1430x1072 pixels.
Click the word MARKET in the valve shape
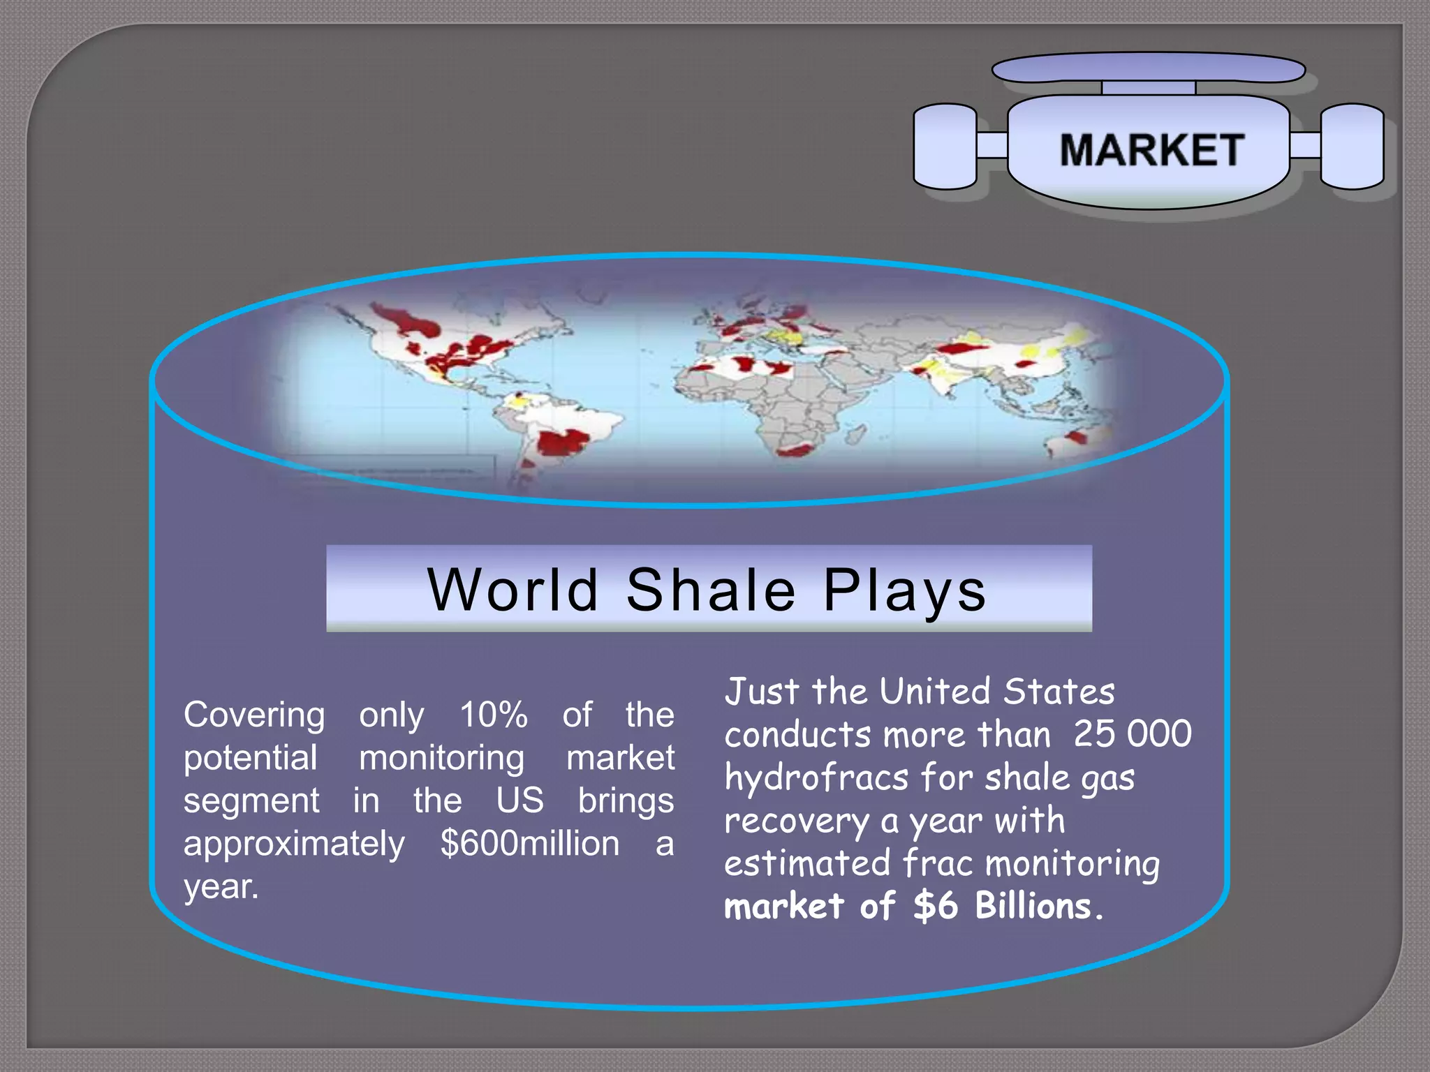point(1151,150)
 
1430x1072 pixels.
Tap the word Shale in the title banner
point(710,590)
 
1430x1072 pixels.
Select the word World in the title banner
point(513,590)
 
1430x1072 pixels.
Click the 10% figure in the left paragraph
point(493,715)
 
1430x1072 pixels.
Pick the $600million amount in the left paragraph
point(529,844)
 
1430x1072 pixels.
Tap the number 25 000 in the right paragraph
point(1132,734)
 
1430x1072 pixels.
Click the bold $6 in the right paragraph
point(935,906)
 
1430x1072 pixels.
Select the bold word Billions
point(1033,906)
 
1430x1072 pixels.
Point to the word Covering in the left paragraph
point(254,716)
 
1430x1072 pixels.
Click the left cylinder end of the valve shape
point(945,147)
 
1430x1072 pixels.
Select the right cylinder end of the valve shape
point(1352,147)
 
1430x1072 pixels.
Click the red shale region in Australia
point(1076,438)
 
